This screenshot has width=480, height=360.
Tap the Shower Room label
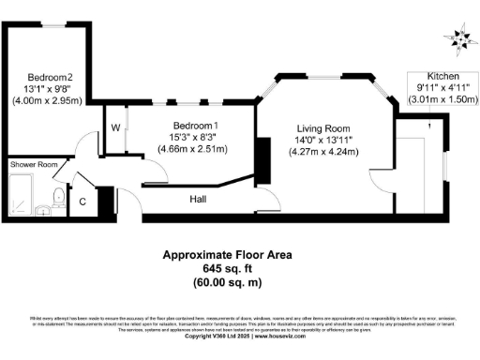click(x=34, y=165)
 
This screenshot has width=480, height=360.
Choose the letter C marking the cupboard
click(x=82, y=201)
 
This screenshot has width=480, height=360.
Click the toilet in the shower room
click(x=58, y=196)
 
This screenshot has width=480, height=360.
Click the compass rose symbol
click(x=458, y=37)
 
